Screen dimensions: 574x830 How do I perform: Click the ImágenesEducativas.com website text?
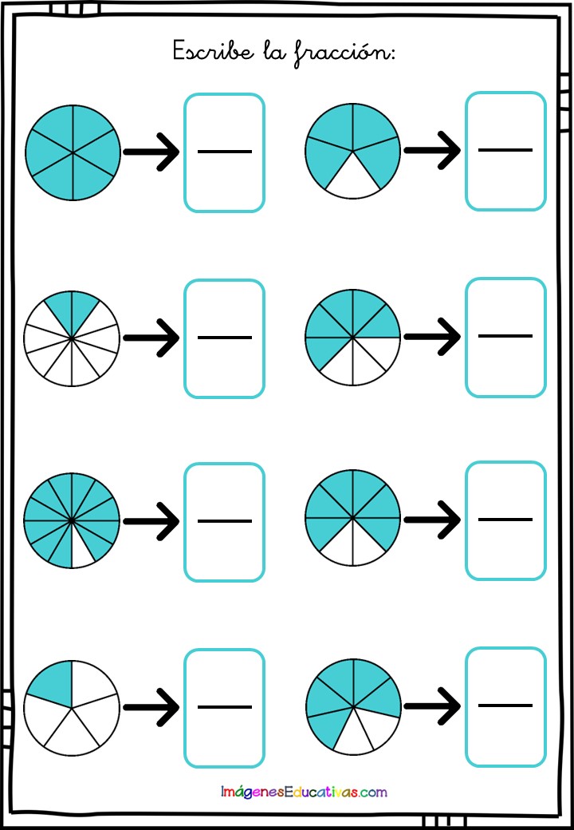click(x=304, y=792)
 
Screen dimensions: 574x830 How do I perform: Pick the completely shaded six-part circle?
click(x=73, y=152)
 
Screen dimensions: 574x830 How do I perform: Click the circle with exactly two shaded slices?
click(x=72, y=338)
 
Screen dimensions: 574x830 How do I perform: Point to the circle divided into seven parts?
click(x=353, y=706)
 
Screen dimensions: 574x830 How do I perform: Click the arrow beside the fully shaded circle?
click(x=151, y=152)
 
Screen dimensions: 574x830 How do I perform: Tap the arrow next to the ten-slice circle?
click(x=151, y=338)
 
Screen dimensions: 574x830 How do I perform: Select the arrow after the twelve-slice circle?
click(x=151, y=521)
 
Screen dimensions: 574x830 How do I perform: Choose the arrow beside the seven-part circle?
click(x=432, y=705)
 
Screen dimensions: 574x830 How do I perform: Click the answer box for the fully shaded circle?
click(x=224, y=152)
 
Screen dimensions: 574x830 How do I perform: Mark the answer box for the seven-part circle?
click(x=505, y=706)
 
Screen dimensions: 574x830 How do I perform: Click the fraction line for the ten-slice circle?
click(x=225, y=338)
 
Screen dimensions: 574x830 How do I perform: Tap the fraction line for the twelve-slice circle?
click(x=225, y=521)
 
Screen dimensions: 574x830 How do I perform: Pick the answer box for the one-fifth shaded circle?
click(x=224, y=708)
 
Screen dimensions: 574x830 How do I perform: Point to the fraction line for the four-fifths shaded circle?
click(x=505, y=150)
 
